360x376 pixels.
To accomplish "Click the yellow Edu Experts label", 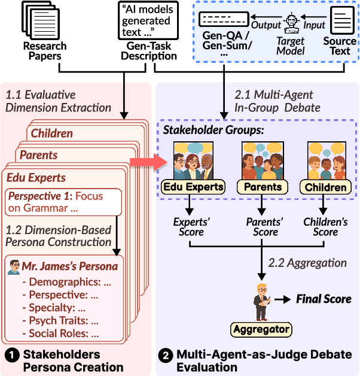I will click(193, 187).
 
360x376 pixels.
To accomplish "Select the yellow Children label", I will click(326, 187).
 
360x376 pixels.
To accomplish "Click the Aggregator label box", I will click(261, 329).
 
